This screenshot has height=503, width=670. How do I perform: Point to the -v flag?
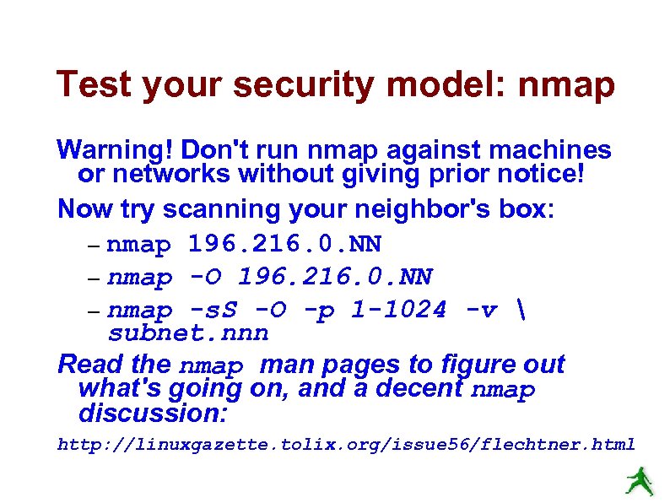[485, 310]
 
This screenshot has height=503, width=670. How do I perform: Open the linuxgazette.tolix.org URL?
[346, 444]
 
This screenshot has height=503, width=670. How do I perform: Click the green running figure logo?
[639, 480]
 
